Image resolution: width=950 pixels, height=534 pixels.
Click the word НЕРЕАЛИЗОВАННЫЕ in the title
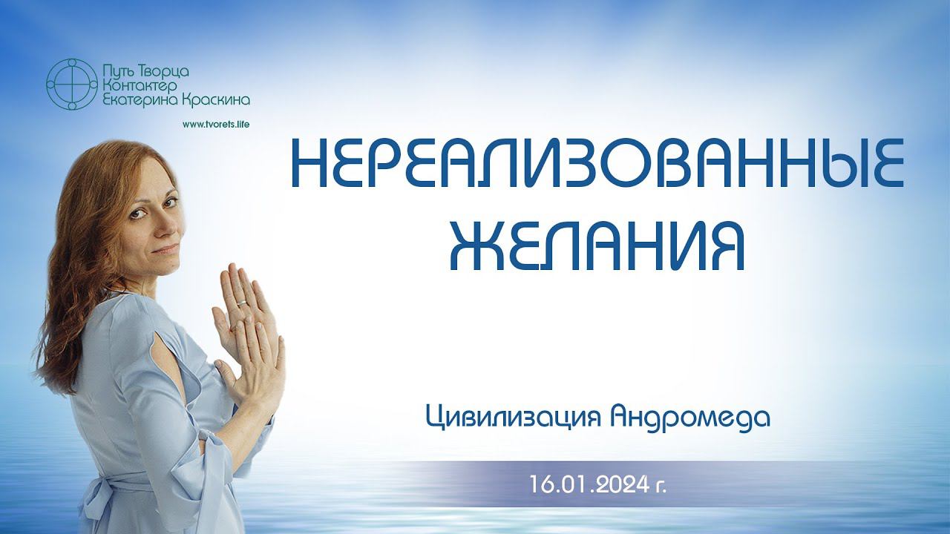click(x=597, y=165)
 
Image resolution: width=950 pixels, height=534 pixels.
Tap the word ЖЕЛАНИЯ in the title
click(x=597, y=245)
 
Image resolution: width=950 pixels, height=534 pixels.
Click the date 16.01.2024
click(x=590, y=484)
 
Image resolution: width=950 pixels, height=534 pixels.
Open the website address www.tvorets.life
click(x=216, y=125)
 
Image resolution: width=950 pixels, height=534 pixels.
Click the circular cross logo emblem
click(x=72, y=85)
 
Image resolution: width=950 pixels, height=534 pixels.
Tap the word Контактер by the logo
click(x=140, y=86)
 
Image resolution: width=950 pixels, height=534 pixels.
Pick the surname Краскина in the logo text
click(x=215, y=100)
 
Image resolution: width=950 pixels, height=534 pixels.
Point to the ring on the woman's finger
click(x=241, y=303)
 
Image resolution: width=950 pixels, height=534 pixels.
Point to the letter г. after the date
click(x=661, y=487)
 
